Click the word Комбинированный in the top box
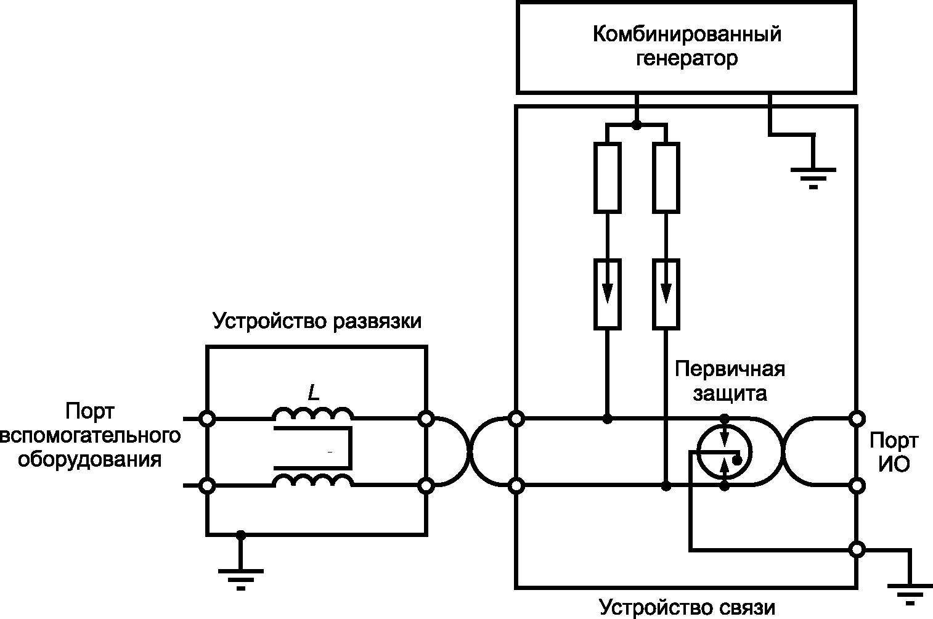(687, 34)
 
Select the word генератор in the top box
(687, 59)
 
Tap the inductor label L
(314, 393)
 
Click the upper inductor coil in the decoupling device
(313, 414)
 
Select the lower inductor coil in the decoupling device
(313, 481)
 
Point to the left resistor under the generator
(608, 178)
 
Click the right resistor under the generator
(666, 178)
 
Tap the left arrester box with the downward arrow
(608, 294)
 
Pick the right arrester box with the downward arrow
(666, 294)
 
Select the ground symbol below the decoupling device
(241, 579)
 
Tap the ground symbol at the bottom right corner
(910, 596)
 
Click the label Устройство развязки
(317, 321)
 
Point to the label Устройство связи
(687, 608)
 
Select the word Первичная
(730, 369)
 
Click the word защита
(730, 394)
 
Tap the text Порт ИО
(894, 453)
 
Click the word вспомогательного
(90, 436)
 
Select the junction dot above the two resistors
(637, 125)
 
